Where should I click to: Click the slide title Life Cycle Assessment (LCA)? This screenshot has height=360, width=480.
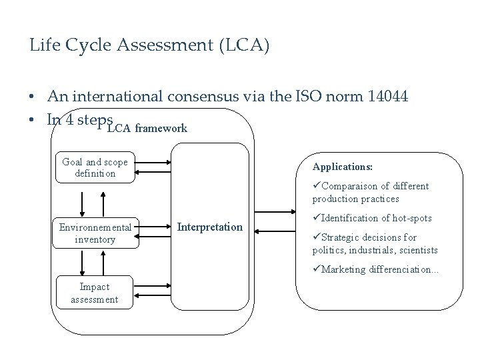150,46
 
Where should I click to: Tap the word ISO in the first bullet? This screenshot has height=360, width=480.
309,97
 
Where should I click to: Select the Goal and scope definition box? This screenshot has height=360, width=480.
95,167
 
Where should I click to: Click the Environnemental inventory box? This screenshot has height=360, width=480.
95,233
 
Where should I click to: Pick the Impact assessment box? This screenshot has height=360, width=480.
95,293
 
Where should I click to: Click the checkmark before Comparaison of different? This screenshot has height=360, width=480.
316,186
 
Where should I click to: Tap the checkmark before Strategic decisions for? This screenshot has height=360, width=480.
316,237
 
